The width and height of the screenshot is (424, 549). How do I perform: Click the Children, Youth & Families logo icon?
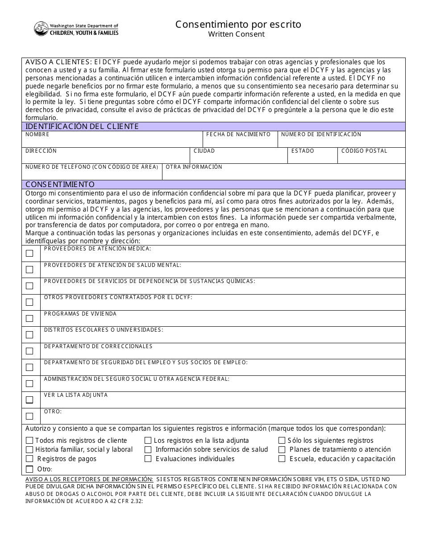[41, 29]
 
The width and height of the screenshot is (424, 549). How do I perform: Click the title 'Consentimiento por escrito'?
[238, 24]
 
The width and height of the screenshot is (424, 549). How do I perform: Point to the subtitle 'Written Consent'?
[236, 34]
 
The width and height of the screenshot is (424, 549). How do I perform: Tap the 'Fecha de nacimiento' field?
[240, 141]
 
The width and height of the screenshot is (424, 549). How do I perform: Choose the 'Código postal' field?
[371, 157]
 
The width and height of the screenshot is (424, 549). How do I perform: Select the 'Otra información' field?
[283, 173]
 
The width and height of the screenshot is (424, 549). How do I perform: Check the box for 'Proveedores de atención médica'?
[29, 253]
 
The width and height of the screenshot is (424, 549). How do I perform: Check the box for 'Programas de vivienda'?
[29, 318]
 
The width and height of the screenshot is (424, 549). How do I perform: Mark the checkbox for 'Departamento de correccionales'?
[29, 351]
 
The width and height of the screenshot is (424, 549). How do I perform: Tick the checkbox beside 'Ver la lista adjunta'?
[29, 399]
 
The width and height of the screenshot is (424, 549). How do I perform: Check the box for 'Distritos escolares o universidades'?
[29, 334]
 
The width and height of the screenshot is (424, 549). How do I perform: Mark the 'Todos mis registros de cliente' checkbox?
[29, 441]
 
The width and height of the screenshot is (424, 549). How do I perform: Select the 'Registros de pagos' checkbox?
[29, 459]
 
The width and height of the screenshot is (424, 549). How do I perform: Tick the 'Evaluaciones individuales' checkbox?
[148, 459]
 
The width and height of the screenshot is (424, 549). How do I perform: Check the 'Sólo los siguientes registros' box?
[282, 441]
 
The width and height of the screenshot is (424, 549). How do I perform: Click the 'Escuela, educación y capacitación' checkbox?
[282, 459]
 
